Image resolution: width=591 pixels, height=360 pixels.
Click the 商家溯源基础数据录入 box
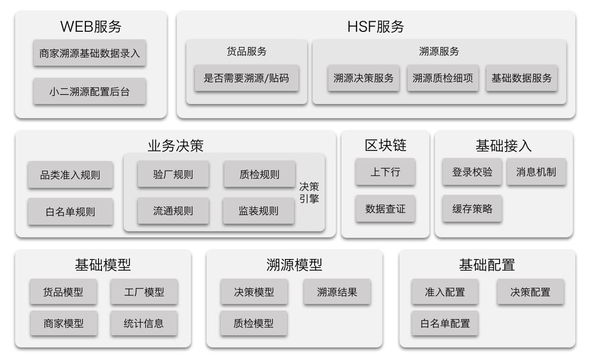pyautogui.click(x=89, y=53)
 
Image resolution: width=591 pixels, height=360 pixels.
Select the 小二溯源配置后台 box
pyautogui.click(x=89, y=91)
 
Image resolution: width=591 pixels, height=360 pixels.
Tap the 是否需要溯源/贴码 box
pyautogui.click(x=247, y=78)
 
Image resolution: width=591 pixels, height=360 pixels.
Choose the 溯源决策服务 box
pyautogui.click(x=363, y=78)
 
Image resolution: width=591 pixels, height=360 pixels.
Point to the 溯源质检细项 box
pyautogui.click(x=442, y=78)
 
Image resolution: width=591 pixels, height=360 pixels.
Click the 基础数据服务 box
pyautogui.click(x=522, y=78)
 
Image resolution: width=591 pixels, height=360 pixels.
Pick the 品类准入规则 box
pyautogui.click(x=70, y=175)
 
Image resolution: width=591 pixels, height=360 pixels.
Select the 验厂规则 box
pyautogui.click(x=173, y=174)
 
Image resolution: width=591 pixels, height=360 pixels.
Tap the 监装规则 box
pyautogui.click(x=259, y=211)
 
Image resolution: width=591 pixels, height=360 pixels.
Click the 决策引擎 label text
pyautogui.click(x=309, y=192)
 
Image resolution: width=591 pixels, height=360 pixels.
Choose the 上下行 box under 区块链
pyautogui.click(x=385, y=172)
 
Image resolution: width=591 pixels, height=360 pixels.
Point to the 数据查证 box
pyautogui.click(x=385, y=208)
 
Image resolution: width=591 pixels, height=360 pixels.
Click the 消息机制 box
pyautogui.click(x=536, y=172)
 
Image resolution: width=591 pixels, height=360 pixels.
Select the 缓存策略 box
pyautogui.click(x=472, y=208)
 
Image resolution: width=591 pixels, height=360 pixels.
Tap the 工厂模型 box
pyautogui.click(x=144, y=292)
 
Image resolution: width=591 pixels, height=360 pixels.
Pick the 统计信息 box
pyautogui.click(x=144, y=323)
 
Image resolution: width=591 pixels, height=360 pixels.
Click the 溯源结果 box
pyautogui.click(x=337, y=292)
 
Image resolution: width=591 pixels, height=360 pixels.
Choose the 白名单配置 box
pyautogui.click(x=445, y=323)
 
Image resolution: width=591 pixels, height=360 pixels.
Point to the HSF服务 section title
pyautogui.click(x=376, y=27)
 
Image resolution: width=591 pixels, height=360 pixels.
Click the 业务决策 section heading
pyautogui.click(x=176, y=146)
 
